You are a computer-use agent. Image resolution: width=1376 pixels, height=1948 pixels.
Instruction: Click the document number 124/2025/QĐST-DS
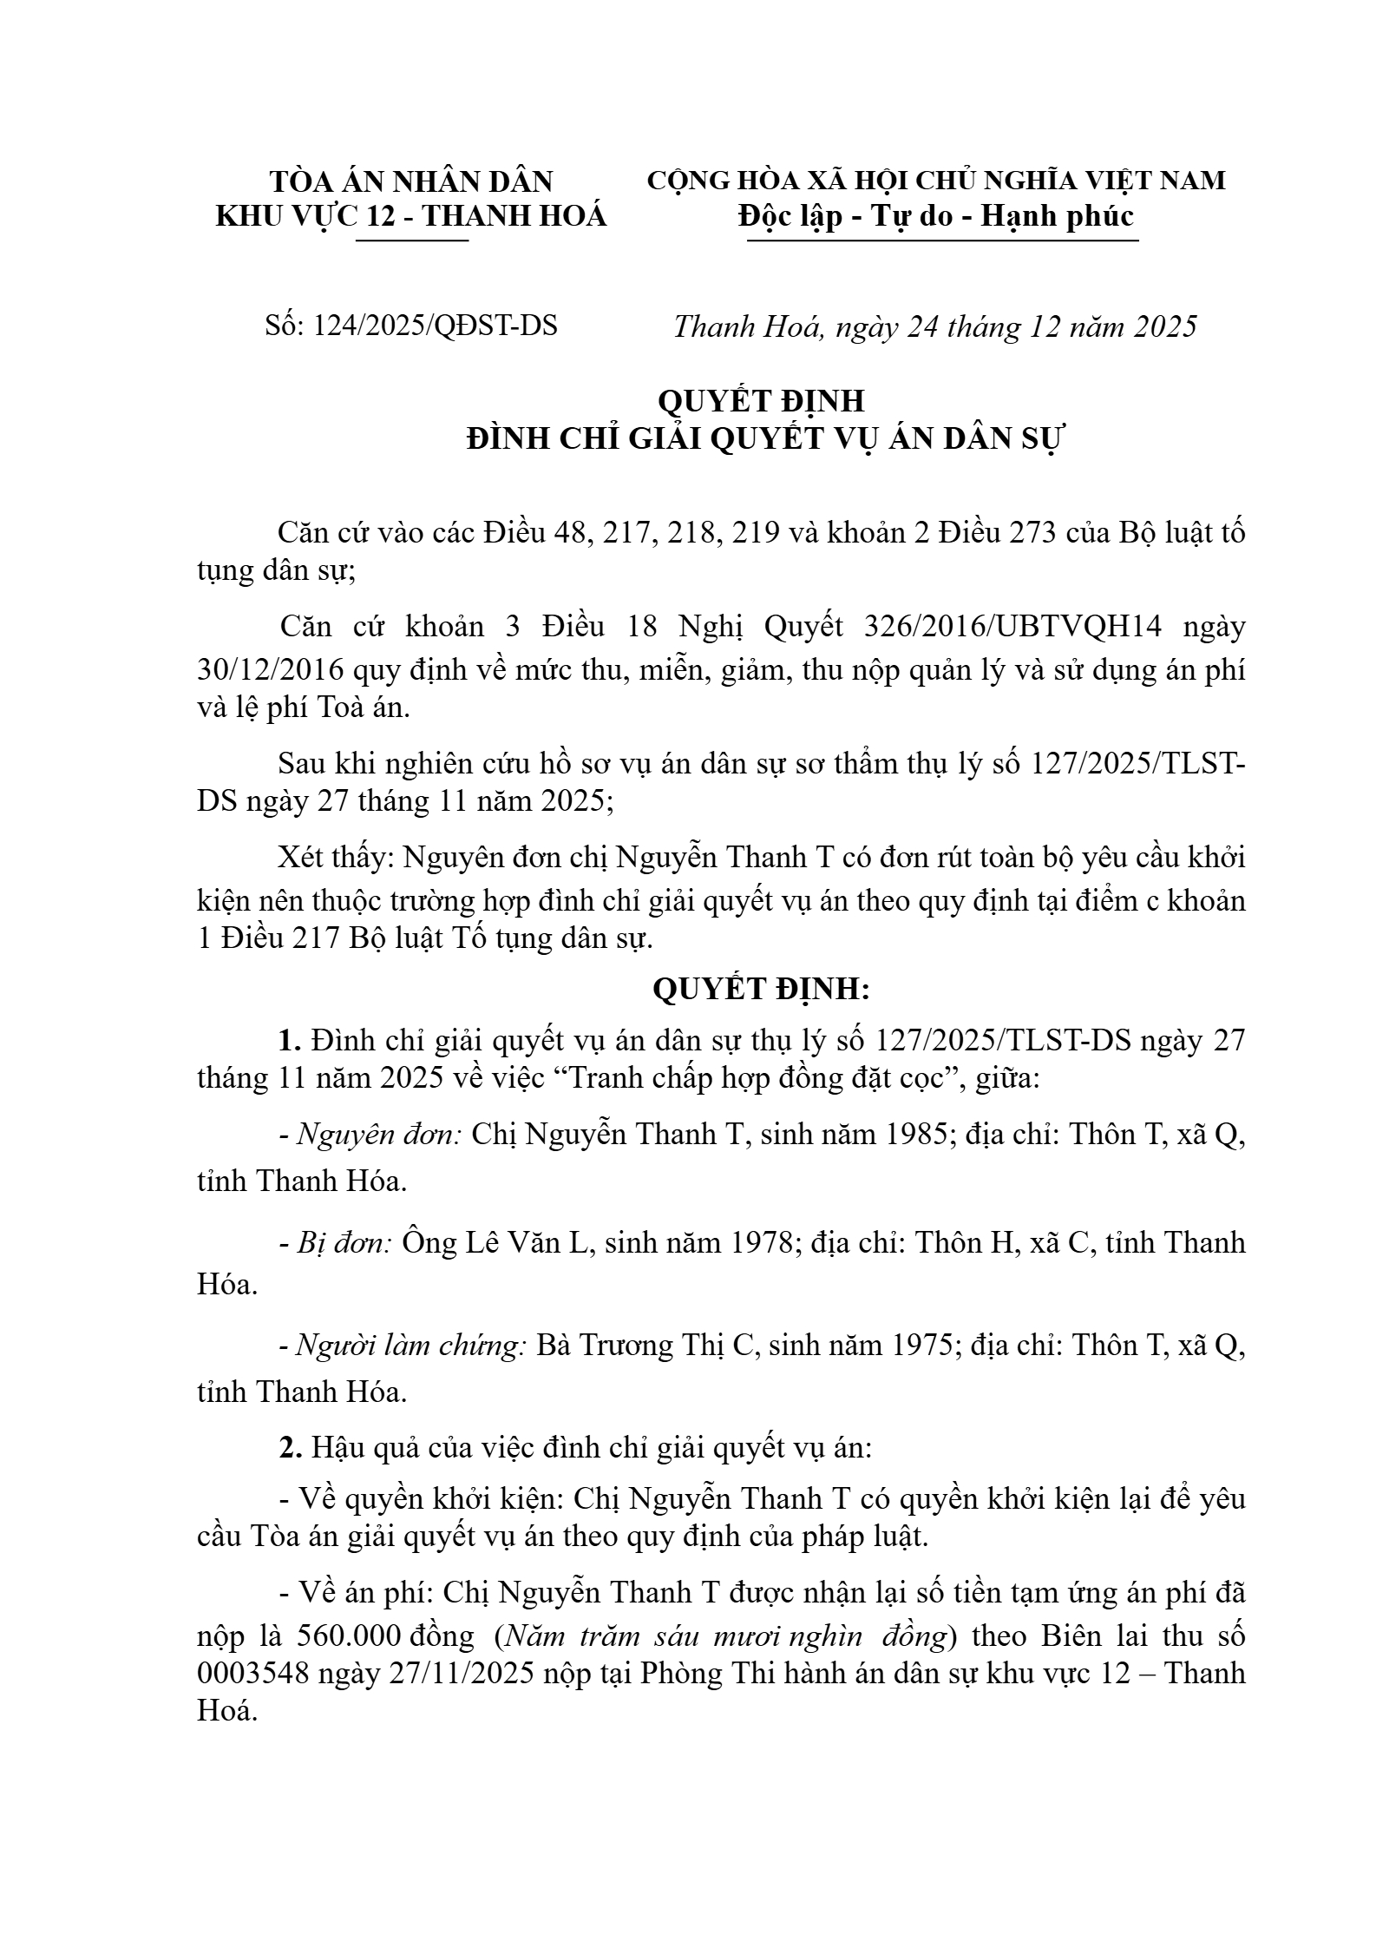(x=435, y=326)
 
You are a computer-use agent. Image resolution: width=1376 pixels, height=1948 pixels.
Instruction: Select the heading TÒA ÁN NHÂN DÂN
(x=410, y=181)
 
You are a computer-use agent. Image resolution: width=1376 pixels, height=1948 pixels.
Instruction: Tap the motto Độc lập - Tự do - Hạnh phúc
(x=936, y=215)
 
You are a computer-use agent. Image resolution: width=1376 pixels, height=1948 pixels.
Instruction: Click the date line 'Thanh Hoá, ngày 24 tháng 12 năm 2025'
(x=934, y=326)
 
